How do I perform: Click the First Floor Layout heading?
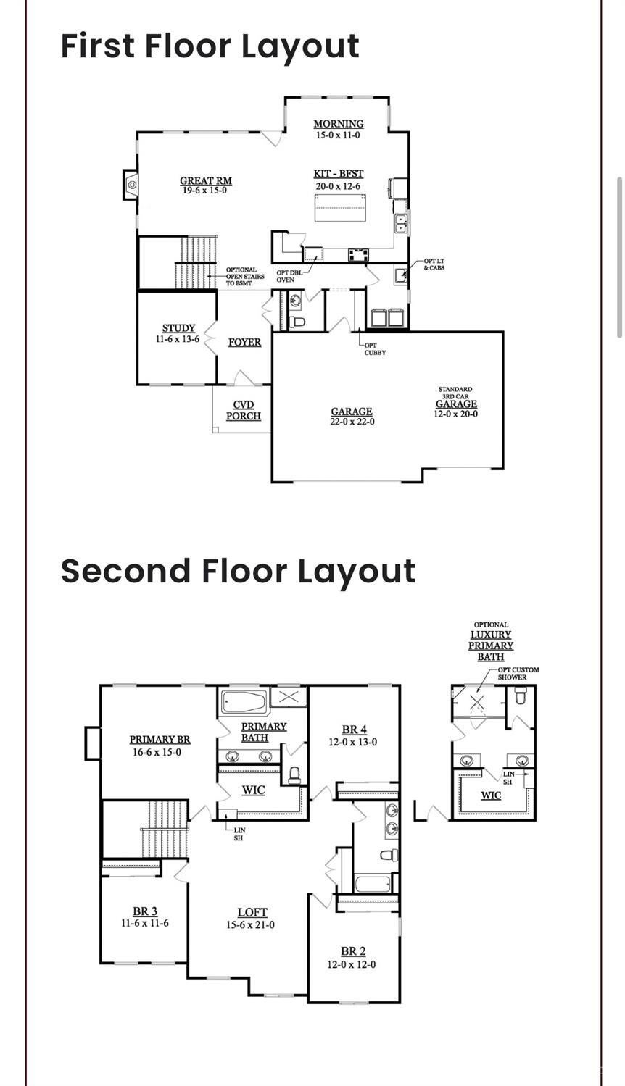[210, 47]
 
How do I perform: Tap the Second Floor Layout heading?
[239, 572]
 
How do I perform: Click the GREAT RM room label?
[206, 180]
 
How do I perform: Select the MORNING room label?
[338, 124]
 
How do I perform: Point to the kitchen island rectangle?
[340, 207]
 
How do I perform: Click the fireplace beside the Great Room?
[131, 184]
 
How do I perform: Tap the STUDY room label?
[178, 328]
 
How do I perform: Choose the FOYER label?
[244, 342]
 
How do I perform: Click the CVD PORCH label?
[243, 410]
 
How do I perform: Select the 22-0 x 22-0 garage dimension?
[352, 422]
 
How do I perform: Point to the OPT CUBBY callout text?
[375, 349]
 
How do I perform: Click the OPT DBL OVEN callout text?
[289, 276]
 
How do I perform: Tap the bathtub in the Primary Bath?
[244, 701]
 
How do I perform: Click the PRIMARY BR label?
[160, 740]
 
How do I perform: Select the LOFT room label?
[252, 912]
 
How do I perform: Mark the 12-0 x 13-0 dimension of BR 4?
[353, 742]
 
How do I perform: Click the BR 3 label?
[145, 911]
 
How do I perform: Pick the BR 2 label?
[353, 951]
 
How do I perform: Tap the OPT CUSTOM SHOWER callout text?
[518, 674]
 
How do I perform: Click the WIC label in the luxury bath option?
[491, 795]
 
